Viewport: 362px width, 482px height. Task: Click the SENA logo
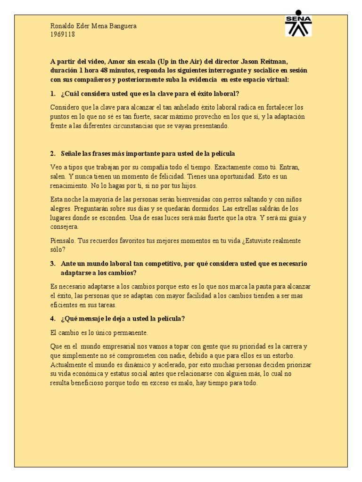pos(298,23)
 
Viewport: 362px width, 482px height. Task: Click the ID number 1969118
pos(62,34)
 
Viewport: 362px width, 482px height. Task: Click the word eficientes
pos(65,305)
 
